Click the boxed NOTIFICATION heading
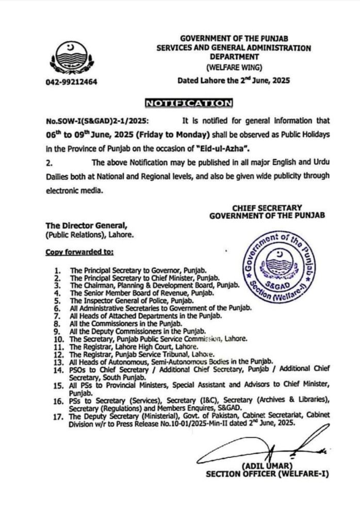[189, 103]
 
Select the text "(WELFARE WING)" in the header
[234, 67]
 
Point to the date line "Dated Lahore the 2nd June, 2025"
[234, 80]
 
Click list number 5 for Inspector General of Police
[58, 300]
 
